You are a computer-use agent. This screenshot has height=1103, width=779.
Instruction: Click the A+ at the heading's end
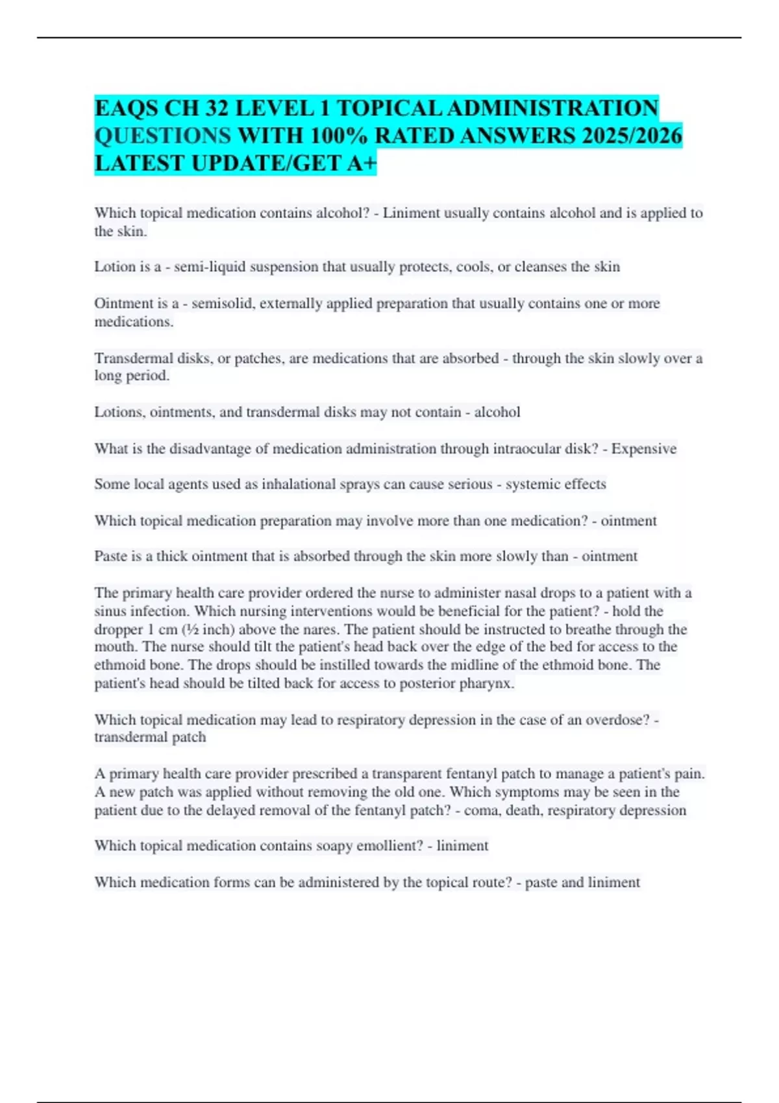(362, 164)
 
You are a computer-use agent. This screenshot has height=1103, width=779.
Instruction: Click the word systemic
(534, 484)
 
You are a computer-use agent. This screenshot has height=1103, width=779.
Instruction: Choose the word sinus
(110, 611)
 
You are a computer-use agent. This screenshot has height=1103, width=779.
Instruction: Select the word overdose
(614, 720)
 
